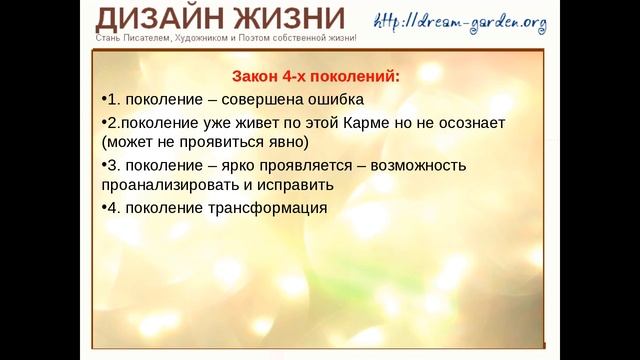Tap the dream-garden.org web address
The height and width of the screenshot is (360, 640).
pyautogui.click(x=461, y=21)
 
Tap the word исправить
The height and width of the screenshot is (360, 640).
pyautogui.click(x=295, y=185)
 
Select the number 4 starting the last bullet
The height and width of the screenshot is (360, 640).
pyautogui.click(x=110, y=208)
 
